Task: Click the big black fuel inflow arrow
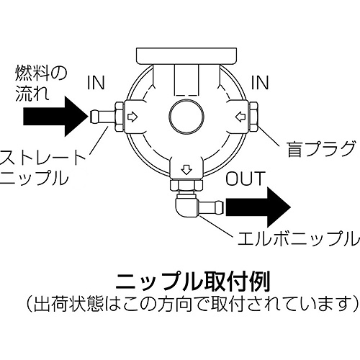55,117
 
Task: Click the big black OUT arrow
258,207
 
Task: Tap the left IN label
96,83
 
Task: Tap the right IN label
260,83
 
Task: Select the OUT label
246,179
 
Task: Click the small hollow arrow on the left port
132,117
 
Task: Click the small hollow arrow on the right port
240,117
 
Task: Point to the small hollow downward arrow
186,170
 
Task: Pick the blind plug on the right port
253,117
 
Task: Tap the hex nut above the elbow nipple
186,186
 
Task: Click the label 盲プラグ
321,149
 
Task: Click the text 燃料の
41,73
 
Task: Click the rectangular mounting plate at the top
186,56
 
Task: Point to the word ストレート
42,157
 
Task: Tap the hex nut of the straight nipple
120,117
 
